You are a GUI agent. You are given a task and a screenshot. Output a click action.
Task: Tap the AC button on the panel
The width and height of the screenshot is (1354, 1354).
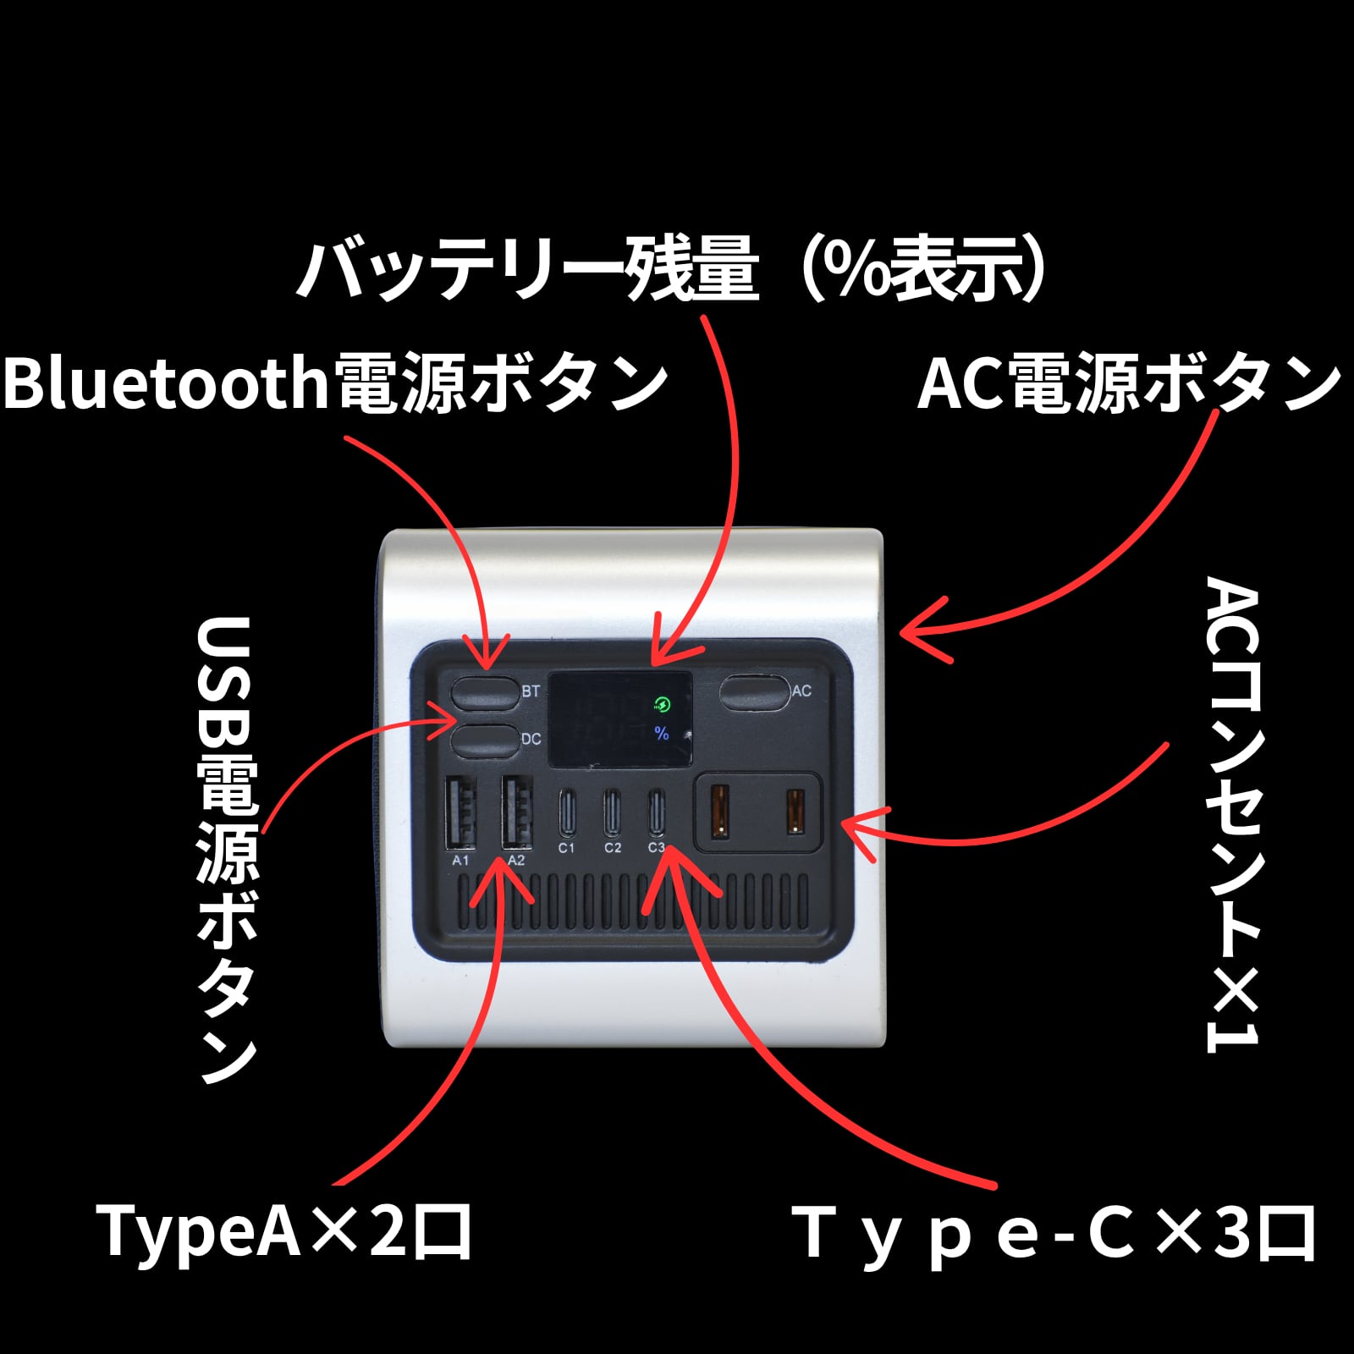click(x=754, y=691)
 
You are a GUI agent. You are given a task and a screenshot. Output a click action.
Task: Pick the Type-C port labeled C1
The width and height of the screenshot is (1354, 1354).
click(x=566, y=812)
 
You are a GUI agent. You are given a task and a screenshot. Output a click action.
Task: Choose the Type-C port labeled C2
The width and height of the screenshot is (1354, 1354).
click(x=612, y=812)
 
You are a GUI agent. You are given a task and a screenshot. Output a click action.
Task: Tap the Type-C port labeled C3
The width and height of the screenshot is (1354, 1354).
click(x=657, y=812)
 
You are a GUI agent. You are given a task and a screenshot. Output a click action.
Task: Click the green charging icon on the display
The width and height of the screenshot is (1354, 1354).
click(x=663, y=704)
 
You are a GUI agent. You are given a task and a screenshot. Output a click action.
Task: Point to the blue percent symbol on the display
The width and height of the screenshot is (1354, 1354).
click(x=662, y=733)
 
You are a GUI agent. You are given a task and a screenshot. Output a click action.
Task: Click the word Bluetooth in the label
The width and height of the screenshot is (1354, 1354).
click(x=166, y=382)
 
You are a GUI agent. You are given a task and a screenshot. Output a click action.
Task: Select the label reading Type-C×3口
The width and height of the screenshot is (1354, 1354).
click(x=1054, y=1235)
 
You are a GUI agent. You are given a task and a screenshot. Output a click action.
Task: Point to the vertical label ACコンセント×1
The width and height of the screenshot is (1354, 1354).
click(x=1232, y=815)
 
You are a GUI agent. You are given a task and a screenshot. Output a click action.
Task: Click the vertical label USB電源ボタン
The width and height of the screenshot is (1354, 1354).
click(x=227, y=850)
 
